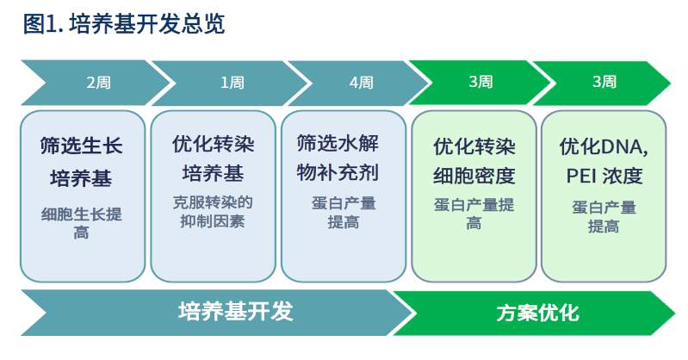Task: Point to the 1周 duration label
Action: (232, 83)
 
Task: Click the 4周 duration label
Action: (361, 83)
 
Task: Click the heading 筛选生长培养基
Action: (82, 162)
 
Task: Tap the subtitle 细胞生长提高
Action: (82, 223)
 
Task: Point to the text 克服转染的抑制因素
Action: (213, 212)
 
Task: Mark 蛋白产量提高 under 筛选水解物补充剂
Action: (344, 213)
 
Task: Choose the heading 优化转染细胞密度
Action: (474, 161)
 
